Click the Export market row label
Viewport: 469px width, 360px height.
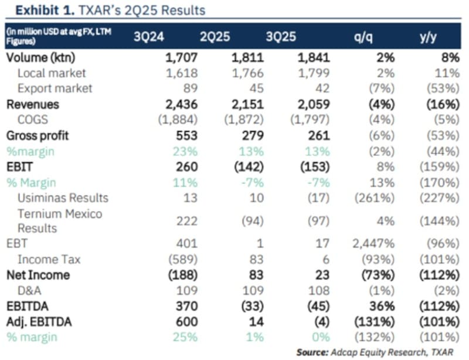tap(55, 89)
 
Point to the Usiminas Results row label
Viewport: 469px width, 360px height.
tap(63, 198)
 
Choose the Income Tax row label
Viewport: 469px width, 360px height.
tap(49, 259)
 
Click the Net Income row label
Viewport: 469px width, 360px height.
tap(38, 275)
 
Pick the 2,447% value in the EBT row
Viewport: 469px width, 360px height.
tap(375, 244)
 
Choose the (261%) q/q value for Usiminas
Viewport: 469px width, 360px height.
tap(374, 198)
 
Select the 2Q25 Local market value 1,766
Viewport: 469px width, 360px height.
tap(244, 73)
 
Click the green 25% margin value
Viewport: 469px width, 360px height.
tap(186, 337)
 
